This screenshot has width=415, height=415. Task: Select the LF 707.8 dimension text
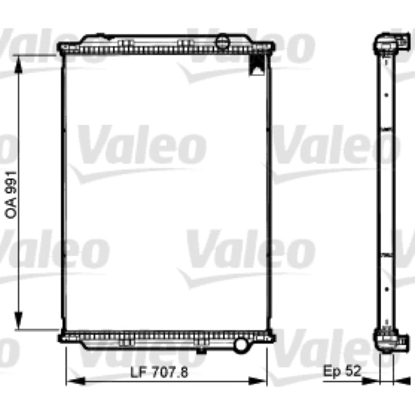159,372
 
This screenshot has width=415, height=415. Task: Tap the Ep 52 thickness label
342,371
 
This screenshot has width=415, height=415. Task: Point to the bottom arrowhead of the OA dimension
18,320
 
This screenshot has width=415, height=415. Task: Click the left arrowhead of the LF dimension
75,381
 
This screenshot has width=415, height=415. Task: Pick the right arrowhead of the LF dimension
257,381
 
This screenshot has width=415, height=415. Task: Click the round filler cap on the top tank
223,41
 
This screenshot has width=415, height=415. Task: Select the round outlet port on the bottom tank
241,344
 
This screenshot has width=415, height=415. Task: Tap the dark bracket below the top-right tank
257,64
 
